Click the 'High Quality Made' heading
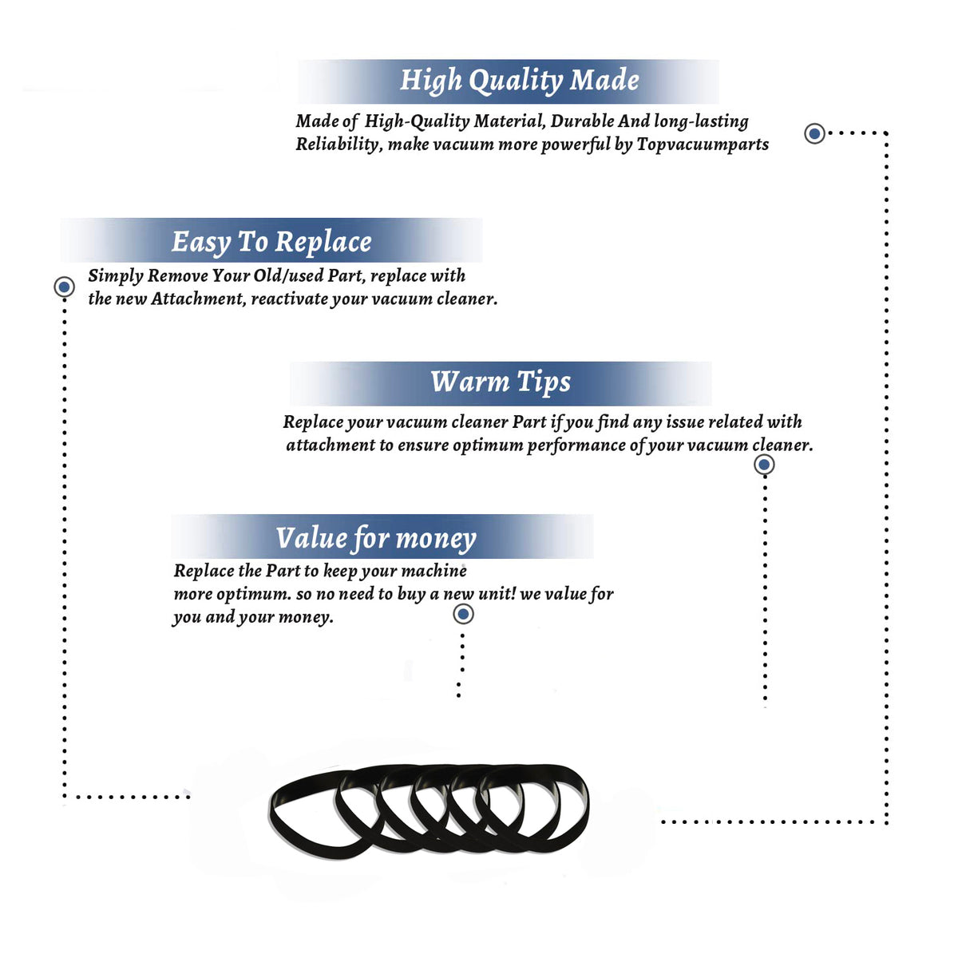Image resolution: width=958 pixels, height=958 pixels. (x=519, y=81)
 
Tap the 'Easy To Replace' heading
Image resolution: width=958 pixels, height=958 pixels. (x=271, y=243)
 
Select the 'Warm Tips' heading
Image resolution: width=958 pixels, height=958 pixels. (x=500, y=383)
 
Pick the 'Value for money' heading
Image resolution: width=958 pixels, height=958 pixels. (x=376, y=539)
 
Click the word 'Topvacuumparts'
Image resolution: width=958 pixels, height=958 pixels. (x=703, y=144)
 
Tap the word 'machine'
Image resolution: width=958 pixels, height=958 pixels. (x=433, y=571)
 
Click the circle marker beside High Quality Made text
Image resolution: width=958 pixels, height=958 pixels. (x=814, y=133)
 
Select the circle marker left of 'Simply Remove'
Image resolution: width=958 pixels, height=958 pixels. (x=64, y=287)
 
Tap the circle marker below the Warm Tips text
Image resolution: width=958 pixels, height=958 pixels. (x=764, y=465)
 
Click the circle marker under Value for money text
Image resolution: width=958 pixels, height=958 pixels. (x=463, y=615)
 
